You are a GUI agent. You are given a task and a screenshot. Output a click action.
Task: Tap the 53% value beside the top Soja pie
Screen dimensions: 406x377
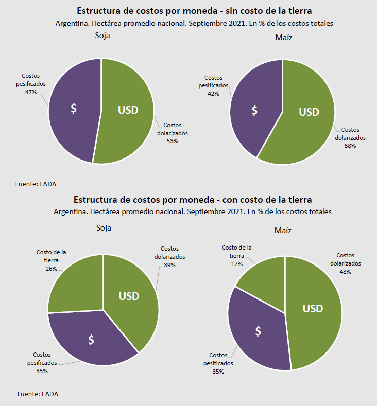click(x=172, y=141)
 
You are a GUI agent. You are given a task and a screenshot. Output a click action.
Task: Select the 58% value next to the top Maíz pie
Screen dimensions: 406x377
click(x=350, y=146)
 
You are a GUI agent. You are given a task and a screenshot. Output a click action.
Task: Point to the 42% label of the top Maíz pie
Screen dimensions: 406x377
click(x=213, y=94)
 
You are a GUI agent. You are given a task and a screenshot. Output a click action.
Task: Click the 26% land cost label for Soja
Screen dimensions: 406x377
click(x=51, y=269)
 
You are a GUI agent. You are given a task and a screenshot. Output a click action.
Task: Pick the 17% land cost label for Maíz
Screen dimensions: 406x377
click(x=236, y=264)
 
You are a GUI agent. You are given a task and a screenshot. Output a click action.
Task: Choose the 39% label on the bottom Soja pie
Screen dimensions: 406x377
click(x=169, y=266)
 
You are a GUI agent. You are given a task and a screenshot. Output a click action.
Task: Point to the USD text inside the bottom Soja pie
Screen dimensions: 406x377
click(x=129, y=296)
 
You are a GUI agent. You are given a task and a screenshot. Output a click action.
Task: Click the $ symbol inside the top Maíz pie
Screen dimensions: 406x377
click(x=254, y=111)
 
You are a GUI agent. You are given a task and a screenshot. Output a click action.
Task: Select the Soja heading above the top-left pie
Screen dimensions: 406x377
click(x=102, y=36)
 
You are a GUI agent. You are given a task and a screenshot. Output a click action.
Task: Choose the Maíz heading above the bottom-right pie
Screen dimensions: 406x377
click(x=283, y=230)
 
